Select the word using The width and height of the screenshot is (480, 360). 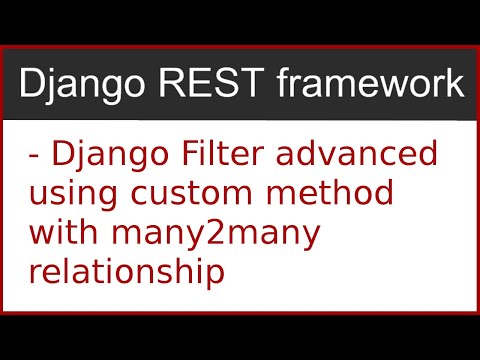click(x=73, y=194)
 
